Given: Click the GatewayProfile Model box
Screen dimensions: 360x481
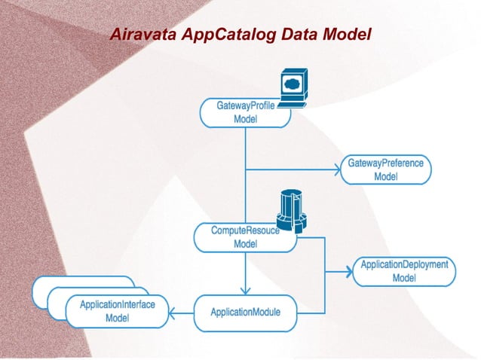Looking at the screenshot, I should click(244, 112).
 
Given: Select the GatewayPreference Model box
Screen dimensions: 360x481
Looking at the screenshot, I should click(385, 169).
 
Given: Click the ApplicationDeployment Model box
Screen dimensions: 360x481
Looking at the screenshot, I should click(403, 271).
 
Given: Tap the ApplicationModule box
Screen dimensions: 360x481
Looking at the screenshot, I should click(245, 312).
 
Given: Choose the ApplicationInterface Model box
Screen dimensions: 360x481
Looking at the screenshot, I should click(116, 311).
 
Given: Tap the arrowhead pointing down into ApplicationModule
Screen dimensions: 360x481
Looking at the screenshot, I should click(245, 291).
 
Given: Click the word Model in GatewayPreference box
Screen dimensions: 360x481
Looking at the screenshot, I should click(385, 177).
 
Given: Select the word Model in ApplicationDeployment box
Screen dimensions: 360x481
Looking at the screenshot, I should click(404, 279).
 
